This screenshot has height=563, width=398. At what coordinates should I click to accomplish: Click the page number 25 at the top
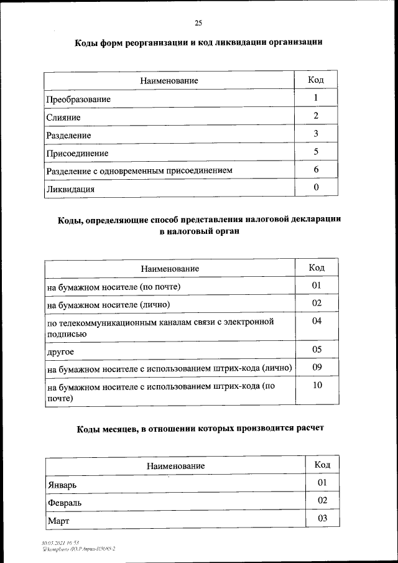[198, 23]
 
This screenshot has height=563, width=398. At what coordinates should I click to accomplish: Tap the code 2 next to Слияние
[316, 116]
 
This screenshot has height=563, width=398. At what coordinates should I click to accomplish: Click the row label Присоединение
[78, 153]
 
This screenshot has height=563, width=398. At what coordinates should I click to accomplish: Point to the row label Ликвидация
[70, 189]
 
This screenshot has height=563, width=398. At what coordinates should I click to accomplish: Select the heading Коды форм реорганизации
[198, 43]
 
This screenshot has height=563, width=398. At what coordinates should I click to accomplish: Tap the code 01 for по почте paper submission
[317, 286]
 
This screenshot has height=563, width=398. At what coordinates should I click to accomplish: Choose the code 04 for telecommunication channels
[317, 322]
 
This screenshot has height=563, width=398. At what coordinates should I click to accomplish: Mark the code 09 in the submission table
[317, 367]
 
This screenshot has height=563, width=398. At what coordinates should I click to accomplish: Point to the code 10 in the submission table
[317, 386]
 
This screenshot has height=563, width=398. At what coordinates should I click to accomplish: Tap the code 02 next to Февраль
[322, 500]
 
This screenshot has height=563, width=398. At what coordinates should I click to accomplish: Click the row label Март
[58, 519]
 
